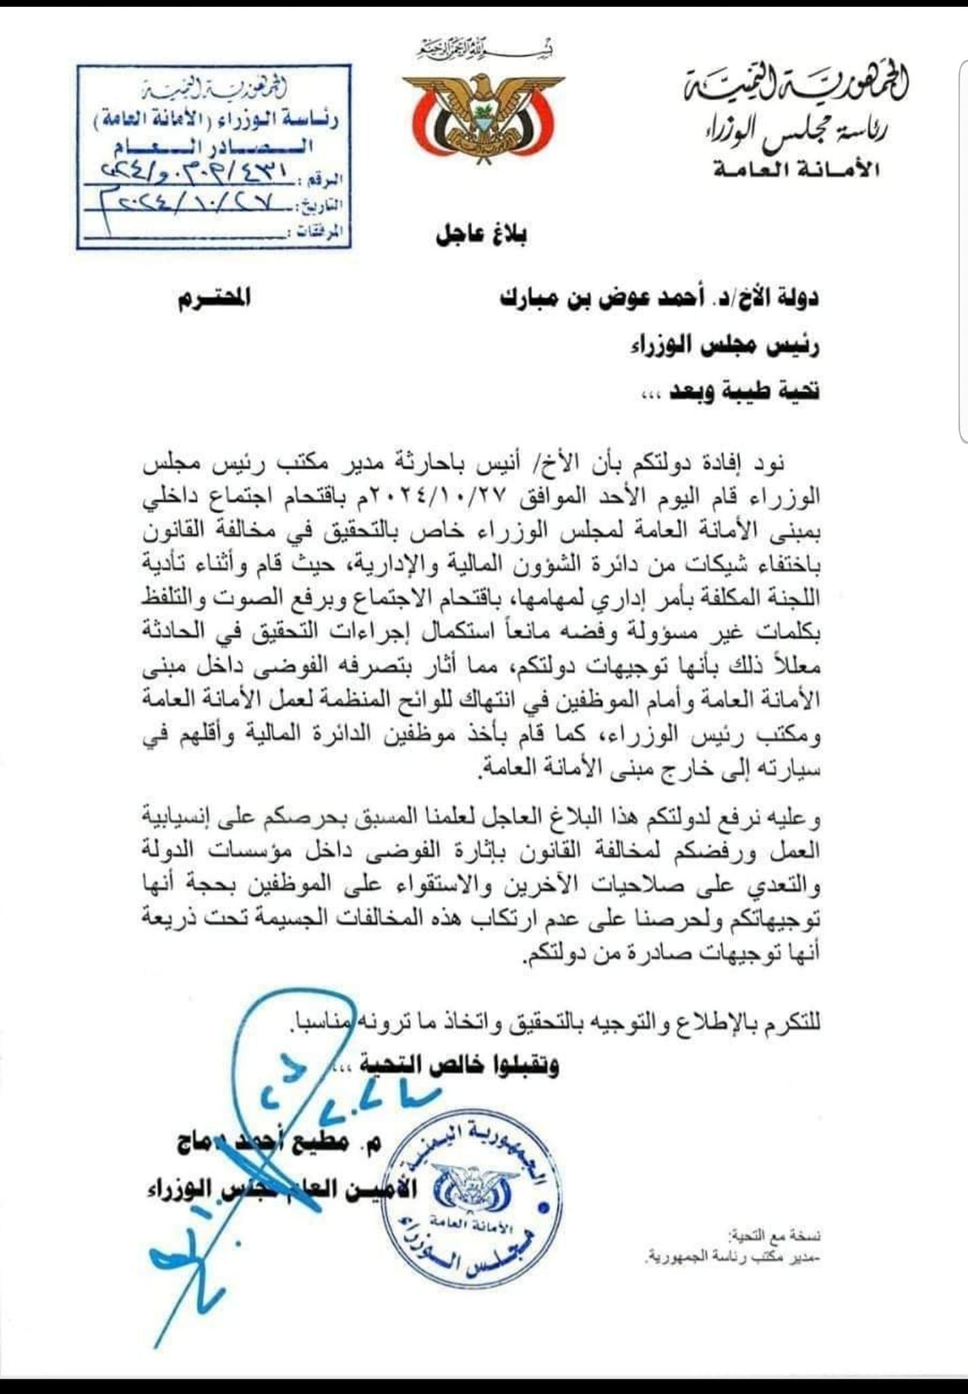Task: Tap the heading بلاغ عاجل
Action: pos(482,235)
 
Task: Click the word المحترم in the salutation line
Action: pos(214,299)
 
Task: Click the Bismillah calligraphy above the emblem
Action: pos(484,48)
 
